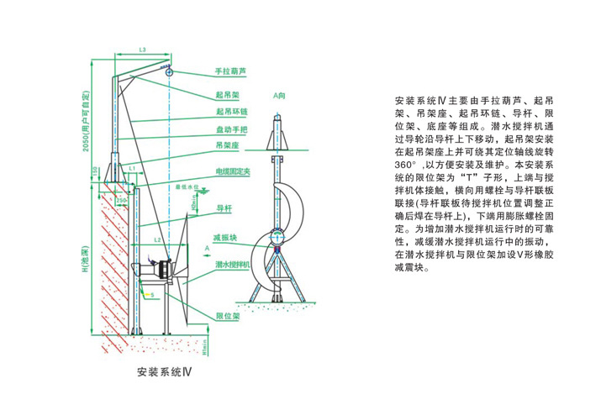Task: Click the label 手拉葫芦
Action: (233, 73)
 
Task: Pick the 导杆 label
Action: (224, 206)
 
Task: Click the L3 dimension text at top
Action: (142, 51)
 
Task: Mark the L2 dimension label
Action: (157, 241)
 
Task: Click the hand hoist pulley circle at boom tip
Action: (170, 71)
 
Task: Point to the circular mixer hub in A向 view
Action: (282, 238)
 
